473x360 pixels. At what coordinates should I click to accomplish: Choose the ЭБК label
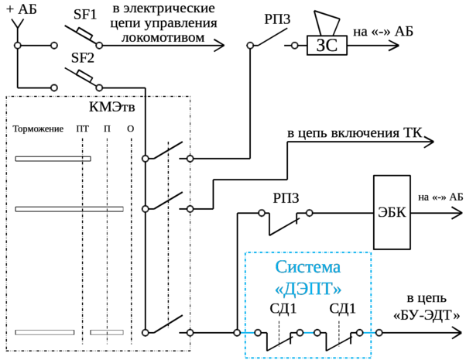click(x=388, y=210)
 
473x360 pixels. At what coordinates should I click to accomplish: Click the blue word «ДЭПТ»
click(x=308, y=288)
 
